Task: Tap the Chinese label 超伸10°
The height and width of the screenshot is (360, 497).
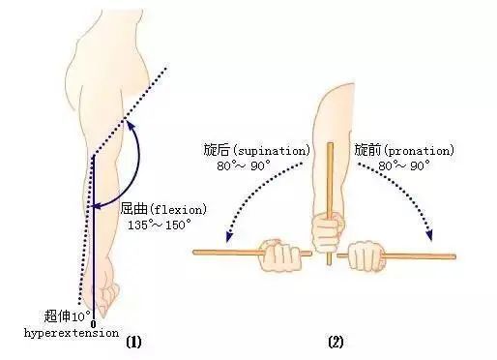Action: [68, 316]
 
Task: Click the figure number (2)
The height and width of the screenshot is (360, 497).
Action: [335, 341]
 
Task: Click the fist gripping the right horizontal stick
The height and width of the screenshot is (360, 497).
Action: [368, 257]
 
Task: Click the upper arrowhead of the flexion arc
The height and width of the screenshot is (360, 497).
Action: [132, 125]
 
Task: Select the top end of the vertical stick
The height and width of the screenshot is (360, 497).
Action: [330, 146]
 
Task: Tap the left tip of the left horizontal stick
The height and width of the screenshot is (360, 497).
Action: [196, 253]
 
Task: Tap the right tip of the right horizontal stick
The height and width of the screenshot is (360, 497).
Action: [453, 256]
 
